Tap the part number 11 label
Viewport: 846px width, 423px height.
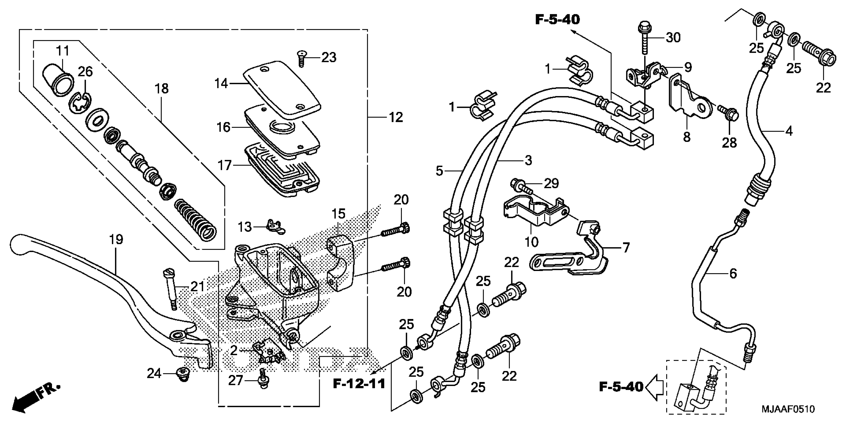[x=62, y=51]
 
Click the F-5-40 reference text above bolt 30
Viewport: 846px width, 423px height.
[x=557, y=20]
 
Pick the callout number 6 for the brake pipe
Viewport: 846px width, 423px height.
[x=733, y=273]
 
